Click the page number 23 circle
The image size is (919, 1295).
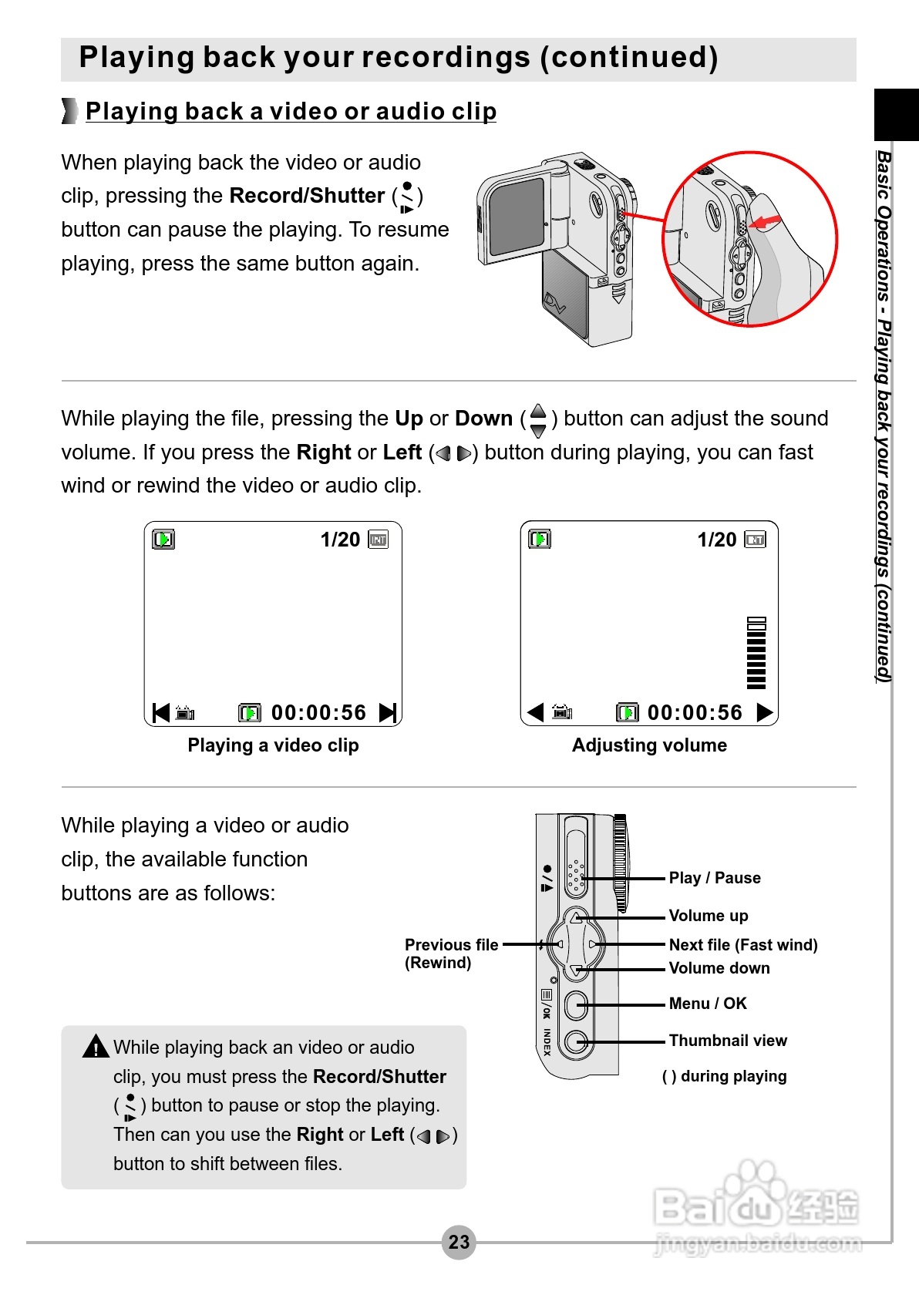pyautogui.click(x=459, y=1242)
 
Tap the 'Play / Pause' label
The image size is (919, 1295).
pyautogui.click(x=714, y=878)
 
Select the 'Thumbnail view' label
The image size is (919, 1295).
pyautogui.click(x=727, y=1041)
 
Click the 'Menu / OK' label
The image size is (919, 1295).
pyautogui.click(x=707, y=1004)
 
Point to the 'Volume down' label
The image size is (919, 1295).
pyautogui.click(x=719, y=968)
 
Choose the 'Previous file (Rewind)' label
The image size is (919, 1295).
pyautogui.click(x=451, y=954)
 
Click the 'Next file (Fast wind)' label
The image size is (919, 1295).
pyautogui.click(x=742, y=945)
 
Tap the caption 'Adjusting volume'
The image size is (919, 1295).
pyautogui.click(x=649, y=745)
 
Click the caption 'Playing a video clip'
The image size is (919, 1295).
pyautogui.click(x=273, y=745)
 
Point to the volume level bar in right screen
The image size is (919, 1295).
pyautogui.click(x=756, y=653)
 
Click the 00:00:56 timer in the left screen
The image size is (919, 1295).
pyautogui.click(x=318, y=712)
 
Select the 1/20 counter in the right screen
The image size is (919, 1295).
pyautogui.click(x=716, y=540)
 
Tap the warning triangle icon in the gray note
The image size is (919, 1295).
pyautogui.click(x=96, y=1047)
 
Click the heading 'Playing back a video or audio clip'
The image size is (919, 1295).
pyautogui.click(x=291, y=111)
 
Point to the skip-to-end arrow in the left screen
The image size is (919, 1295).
pyautogui.click(x=388, y=712)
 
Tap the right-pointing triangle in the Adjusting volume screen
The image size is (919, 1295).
pyautogui.click(x=764, y=712)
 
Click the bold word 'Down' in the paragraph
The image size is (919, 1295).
pyautogui.click(x=483, y=419)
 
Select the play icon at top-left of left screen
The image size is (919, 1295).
pyautogui.click(x=163, y=539)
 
